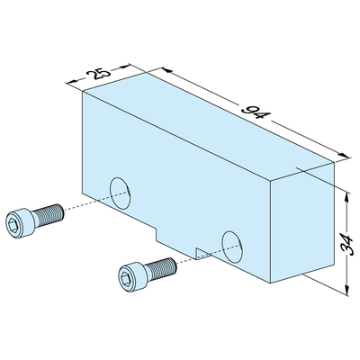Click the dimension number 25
coord(98,73)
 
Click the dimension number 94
coord(256,112)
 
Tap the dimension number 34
coord(347,245)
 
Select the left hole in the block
coord(121,193)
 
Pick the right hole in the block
coord(232,247)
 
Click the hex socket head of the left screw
coord(19,222)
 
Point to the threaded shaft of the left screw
coord(48,215)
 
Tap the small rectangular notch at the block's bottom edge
coord(203,253)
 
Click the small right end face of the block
coord(302,222)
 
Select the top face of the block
coord(208,126)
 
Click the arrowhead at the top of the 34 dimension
coord(347,196)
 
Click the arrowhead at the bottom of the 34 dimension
coord(347,291)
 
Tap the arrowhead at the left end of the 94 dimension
coord(167,71)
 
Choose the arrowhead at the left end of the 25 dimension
coord(70,82)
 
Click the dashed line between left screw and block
coord(96,200)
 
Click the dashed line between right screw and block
coord(209,254)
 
